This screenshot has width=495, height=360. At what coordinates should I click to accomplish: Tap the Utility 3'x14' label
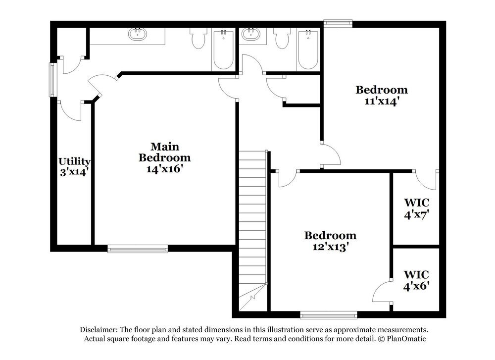74,167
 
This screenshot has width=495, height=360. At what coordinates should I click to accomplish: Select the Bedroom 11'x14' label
382,95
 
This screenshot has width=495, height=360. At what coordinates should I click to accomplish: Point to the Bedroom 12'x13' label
330,241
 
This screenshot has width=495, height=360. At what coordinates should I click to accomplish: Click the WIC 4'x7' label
416,208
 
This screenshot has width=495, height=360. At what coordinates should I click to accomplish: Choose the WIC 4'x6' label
416,280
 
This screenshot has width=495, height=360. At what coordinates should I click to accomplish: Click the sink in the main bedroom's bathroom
137,34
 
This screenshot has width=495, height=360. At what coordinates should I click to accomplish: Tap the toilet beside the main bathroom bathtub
198,38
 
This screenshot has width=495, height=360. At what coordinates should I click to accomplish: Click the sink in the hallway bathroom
251,34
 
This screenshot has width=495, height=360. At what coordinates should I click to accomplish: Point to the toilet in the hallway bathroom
283,38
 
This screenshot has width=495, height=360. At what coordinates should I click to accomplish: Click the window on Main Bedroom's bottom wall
138,249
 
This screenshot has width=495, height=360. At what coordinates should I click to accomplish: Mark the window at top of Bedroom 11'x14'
338,23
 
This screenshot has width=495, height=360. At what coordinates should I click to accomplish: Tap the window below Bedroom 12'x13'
329,314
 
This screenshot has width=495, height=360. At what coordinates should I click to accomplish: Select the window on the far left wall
52,79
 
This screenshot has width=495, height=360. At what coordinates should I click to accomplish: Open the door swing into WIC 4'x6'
382,292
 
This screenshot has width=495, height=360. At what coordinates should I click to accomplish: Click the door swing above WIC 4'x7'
426,180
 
